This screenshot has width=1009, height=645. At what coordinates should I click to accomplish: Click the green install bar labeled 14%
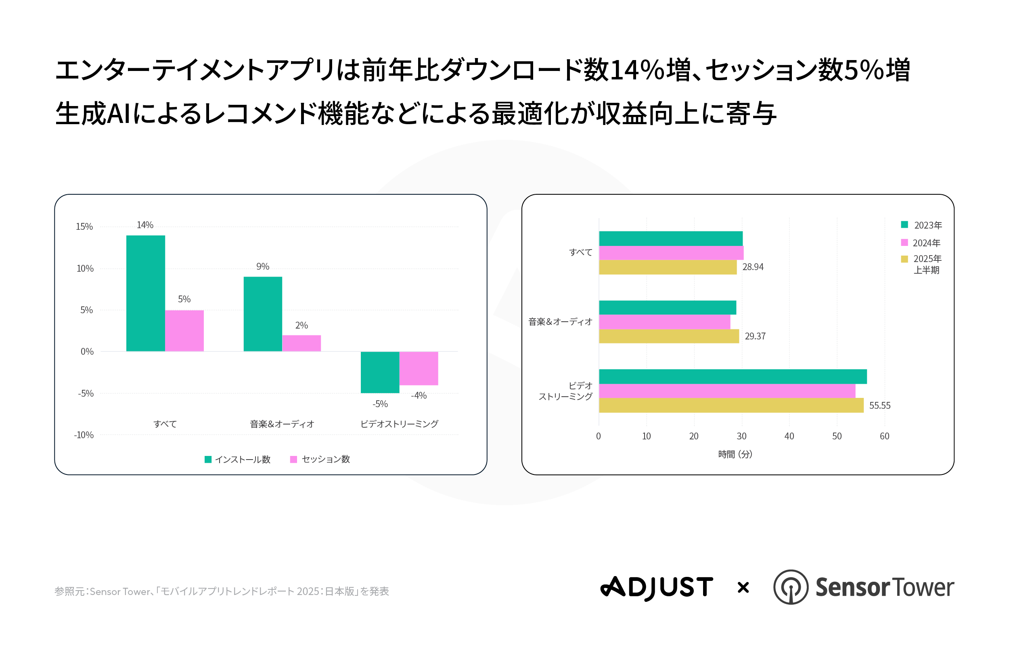tap(145, 293)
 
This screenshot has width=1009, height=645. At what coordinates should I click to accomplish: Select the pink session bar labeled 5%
tap(184, 331)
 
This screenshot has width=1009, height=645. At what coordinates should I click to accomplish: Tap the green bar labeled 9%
tap(263, 314)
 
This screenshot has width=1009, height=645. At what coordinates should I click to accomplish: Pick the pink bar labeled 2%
tap(301, 343)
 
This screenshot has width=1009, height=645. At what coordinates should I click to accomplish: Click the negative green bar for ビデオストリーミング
tap(380, 372)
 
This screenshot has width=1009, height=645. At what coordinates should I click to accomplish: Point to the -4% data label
tap(419, 395)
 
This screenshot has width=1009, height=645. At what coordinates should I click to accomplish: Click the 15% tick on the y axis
tap(84, 227)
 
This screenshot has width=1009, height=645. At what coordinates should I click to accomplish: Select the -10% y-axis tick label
tap(84, 435)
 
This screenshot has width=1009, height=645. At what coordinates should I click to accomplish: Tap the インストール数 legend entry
tap(237, 460)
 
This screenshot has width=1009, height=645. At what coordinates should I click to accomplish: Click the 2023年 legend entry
tap(921, 225)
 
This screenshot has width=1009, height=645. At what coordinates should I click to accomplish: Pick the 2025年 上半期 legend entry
tap(921, 264)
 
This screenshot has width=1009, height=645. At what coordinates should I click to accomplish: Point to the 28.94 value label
tap(753, 267)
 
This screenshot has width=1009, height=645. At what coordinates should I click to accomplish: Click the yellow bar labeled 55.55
tap(731, 406)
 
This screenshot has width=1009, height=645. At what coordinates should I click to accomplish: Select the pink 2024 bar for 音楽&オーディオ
tap(664, 322)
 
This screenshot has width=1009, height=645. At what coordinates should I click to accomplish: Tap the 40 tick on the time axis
tap(789, 436)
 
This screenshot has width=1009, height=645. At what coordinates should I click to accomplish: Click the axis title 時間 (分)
tap(735, 454)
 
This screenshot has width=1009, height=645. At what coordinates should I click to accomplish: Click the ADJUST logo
tap(657, 587)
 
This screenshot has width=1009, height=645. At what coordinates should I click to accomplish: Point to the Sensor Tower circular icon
tap(791, 587)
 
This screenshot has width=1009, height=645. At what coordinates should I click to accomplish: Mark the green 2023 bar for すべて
tap(671, 238)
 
